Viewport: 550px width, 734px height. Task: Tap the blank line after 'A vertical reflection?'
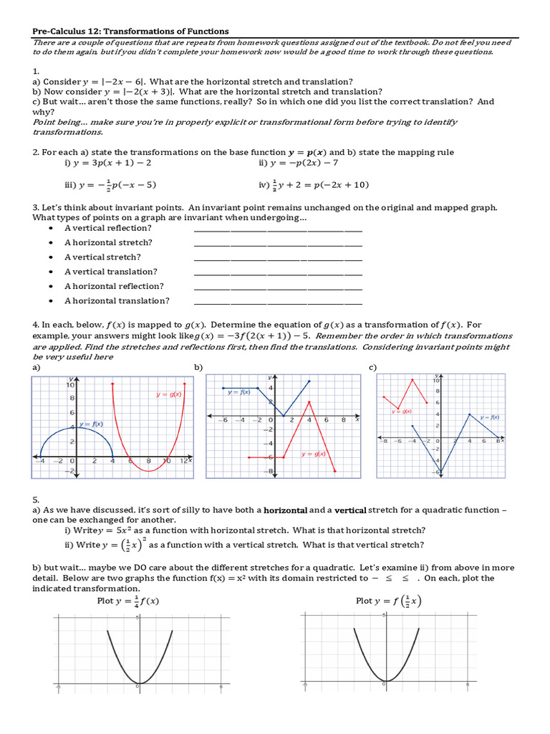tap(278, 229)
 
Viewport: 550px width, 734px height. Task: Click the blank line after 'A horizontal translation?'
tap(278, 302)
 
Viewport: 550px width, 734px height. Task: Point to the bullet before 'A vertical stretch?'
tap(51, 257)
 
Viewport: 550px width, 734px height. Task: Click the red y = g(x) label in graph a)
tap(169, 394)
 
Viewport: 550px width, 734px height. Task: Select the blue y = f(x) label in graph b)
tap(238, 392)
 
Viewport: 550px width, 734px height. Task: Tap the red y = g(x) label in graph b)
tap(313, 453)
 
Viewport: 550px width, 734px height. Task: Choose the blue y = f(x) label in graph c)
tap(489, 416)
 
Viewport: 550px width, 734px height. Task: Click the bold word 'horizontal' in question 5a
tap(286, 510)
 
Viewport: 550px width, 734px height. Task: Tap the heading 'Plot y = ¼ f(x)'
tap(128, 601)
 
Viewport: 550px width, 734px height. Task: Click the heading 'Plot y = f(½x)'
tap(388, 601)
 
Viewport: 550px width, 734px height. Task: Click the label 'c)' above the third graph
tap(372, 367)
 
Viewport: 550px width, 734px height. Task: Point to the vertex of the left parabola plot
tap(139, 682)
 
